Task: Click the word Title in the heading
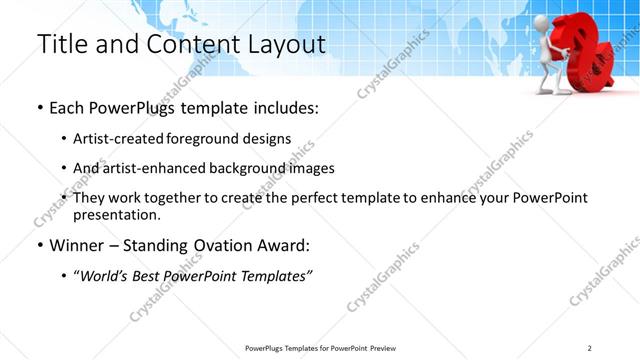pos(61,45)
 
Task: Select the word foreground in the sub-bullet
pos(219,139)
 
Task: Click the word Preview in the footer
pos(385,347)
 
